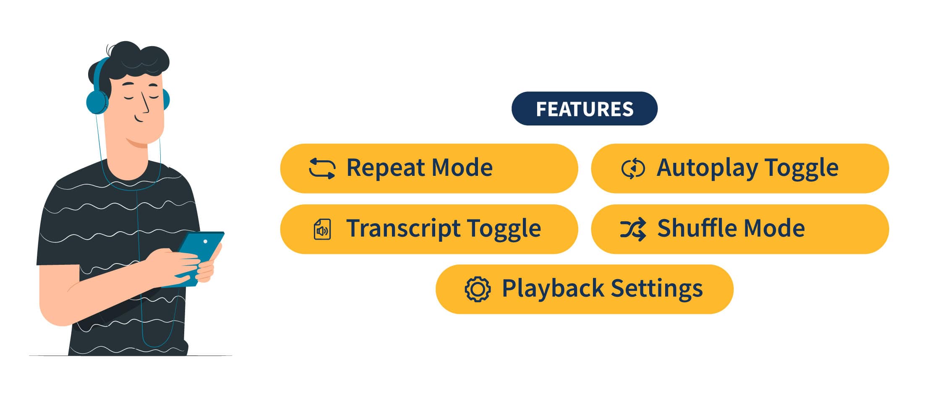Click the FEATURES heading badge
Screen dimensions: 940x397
(x=584, y=109)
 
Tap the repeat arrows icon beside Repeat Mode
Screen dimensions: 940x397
(x=322, y=169)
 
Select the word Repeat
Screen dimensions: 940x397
(x=385, y=168)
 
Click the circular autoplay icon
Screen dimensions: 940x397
(x=633, y=169)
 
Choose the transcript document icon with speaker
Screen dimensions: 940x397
(x=322, y=229)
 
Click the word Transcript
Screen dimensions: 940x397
(x=403, y=229)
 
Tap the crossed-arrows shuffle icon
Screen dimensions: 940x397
(x=633, y=229)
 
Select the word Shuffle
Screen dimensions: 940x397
(x=692, y=228)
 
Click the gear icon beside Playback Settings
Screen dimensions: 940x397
(x=478, y=289)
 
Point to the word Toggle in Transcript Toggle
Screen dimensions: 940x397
(x=504, y=229)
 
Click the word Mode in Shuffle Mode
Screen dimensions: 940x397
(x=769, y=228)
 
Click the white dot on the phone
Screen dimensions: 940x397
(x=205, y=241)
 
